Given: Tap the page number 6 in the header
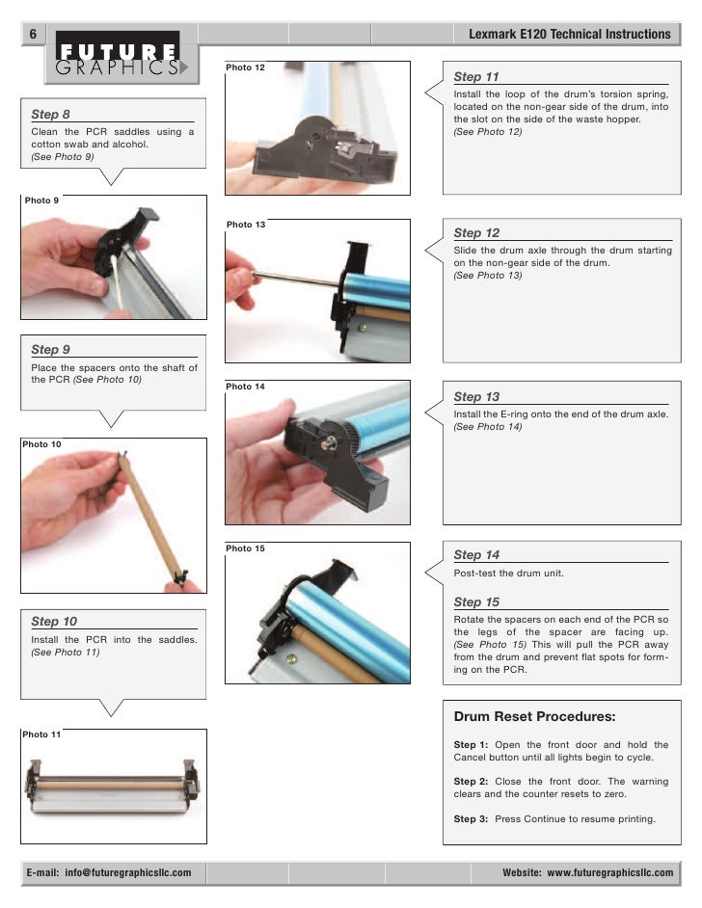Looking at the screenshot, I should coord(32,34).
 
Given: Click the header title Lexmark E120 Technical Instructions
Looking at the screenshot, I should coord(569,34).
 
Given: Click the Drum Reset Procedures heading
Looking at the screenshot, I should coord(534,716).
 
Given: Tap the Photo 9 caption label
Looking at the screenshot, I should coord(41,200).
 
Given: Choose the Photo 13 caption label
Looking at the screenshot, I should coord(246,225).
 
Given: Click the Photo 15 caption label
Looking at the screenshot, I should coord(245,548).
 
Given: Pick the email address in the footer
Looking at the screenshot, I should coord(108,872).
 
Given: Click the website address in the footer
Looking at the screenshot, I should coord(587,872).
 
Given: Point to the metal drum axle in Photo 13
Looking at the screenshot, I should coord(294,280).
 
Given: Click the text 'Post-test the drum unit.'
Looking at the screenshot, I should coord(508,574).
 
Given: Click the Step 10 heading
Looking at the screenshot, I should coord(54,622).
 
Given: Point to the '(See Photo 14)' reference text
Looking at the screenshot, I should coord(488,427).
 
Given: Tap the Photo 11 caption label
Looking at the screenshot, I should coord(42,734).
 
